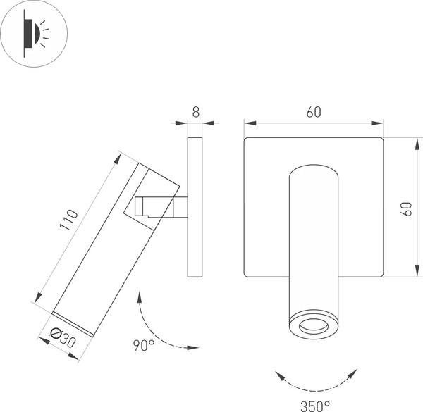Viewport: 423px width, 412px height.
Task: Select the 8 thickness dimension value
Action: [195, 111]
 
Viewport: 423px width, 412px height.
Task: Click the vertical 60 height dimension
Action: [407, 208]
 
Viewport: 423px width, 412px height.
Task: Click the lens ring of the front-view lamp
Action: [313, 325]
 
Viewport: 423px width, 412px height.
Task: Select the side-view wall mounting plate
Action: [195, 208]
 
